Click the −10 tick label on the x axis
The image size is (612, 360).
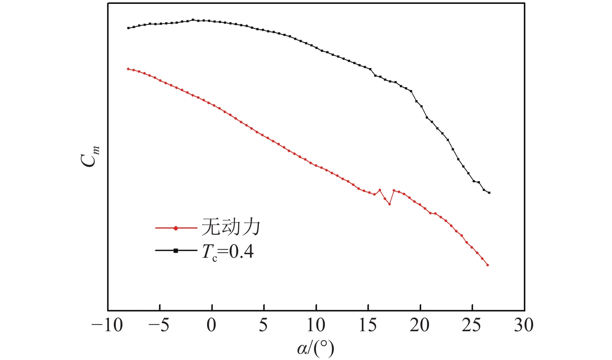(107, 325)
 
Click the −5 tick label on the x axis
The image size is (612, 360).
(159, 325)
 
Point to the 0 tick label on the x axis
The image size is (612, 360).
(211, 325)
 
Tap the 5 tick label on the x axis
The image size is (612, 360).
(263, 325)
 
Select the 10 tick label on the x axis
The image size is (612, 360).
(316, 325)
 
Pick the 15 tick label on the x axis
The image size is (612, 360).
(368, 325)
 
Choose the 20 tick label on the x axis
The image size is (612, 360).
(420, 325)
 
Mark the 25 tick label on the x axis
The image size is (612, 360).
(472, 325)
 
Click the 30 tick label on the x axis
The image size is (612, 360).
(524, 325)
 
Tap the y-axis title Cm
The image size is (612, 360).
(90, 156)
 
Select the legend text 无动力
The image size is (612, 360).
(230, 227)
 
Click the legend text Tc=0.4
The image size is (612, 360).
(228, 252)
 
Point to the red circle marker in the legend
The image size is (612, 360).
(176, 228)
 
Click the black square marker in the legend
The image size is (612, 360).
(176, 251)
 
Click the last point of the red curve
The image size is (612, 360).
(488, 265)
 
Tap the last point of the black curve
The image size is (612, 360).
(489, 193)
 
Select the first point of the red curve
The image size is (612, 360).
(128, 69)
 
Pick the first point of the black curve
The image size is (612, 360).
(128, 28)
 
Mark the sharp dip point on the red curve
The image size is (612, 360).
(389, 204)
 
